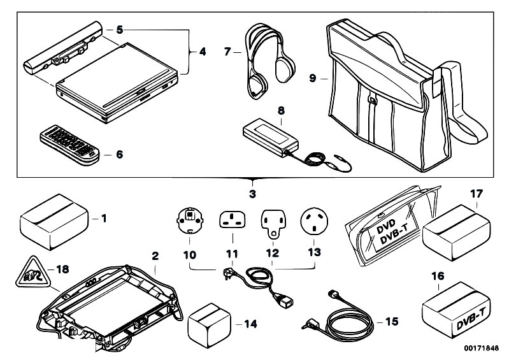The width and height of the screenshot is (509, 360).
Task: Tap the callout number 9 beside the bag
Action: pyautogui.click(x=312, y=79)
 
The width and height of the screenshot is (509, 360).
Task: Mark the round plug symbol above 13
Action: pyautogui.click(x=313, y=220)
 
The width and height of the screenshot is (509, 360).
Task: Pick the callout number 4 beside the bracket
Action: pyautogui.click(x=202, y=51)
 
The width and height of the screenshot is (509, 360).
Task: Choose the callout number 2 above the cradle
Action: pyautogui.click(x=155, y=256)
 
